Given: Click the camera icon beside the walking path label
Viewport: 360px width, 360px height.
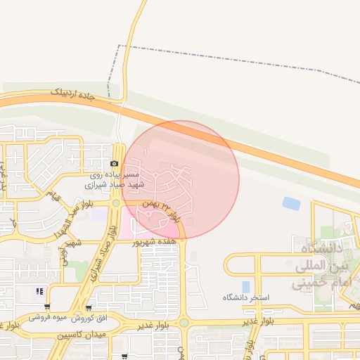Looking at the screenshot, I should point(115,163).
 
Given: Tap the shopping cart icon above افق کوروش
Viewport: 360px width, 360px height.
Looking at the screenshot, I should point(89,307).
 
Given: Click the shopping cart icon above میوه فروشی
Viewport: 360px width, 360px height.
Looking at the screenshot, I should point(46,307).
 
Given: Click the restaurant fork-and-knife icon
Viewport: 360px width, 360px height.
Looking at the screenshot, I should point(40,290).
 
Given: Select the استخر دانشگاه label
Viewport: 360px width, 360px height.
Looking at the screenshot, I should point(246,298).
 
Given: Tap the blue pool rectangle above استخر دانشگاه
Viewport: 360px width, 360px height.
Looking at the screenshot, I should point(245,286).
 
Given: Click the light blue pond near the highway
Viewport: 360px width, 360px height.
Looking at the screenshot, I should point(290,203).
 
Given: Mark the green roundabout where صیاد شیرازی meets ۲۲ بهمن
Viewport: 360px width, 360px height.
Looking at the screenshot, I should point(117,204).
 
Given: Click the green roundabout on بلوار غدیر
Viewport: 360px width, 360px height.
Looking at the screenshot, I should point(184,323).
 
